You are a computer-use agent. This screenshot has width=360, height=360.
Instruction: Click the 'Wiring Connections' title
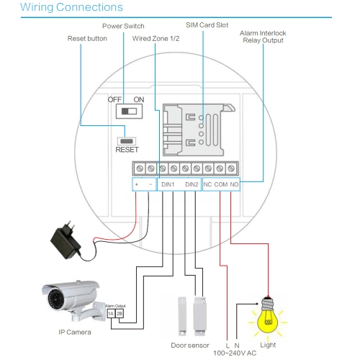click(71, 7)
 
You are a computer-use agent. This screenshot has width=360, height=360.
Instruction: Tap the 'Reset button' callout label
click(87, 38)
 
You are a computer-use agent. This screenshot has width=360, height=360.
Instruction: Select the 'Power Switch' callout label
click(123, 26)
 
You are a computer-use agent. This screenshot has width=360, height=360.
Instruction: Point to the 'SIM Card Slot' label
click(207, 25)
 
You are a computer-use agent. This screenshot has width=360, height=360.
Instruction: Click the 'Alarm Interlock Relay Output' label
click(263, 37)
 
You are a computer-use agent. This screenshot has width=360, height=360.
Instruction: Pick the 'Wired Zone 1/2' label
click(156, 38)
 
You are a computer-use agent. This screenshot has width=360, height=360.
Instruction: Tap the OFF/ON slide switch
click(129, 112)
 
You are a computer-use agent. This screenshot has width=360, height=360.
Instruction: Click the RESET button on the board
click(127, 141)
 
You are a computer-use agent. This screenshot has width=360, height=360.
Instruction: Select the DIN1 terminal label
click(168, 184)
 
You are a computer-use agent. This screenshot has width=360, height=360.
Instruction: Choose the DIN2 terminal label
click(192, 184)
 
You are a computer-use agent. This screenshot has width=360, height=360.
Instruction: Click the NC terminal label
click(207, 184)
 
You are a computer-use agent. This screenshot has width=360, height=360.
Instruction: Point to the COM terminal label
click(221, 184)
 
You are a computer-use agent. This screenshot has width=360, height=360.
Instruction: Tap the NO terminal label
click(234, 184)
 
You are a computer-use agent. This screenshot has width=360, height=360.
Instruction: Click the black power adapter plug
click(66, 240)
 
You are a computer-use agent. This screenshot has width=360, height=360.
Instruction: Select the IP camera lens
click(56, 300)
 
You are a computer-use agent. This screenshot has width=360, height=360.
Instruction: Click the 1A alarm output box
click(111, 313)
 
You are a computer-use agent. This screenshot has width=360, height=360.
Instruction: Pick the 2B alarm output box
click(120, 313)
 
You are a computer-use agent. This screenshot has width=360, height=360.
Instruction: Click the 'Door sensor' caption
click(190, 346)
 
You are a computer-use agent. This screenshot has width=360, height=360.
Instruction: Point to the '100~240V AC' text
click(235, 353)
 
